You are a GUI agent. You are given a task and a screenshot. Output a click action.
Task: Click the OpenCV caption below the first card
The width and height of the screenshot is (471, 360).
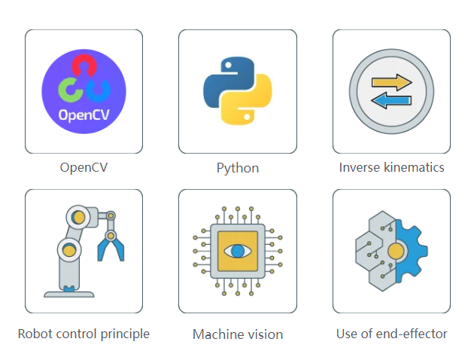pos(84,167)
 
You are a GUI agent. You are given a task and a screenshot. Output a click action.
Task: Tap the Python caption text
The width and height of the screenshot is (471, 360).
pos(238,168)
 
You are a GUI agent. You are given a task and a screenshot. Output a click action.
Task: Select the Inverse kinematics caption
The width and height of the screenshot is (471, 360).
pos(391,167)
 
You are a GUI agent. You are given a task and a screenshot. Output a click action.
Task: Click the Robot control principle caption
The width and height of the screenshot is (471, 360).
pos(84,334)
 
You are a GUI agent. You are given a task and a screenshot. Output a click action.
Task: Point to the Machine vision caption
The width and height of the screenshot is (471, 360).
pos(238,334)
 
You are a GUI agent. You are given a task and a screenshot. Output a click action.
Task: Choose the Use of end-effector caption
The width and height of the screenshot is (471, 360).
pos(391,334)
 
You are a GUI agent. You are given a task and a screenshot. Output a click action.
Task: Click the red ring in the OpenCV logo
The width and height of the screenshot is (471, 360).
pos(84,67)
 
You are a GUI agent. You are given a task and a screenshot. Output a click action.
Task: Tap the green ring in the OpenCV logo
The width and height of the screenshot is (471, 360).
pos(68,90)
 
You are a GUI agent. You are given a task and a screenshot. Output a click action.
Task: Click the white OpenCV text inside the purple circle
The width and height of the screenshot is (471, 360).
pos(84,116)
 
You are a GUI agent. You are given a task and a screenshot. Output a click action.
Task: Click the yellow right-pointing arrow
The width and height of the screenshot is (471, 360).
pos(392,82)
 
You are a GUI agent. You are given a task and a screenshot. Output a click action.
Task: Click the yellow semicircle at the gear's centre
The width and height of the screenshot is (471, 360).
pos(396,251)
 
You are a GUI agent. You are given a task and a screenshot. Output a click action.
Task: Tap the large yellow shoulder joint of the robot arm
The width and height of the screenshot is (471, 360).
pos(69,249)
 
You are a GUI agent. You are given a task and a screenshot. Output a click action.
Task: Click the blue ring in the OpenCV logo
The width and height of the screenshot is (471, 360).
pos(99,90)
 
